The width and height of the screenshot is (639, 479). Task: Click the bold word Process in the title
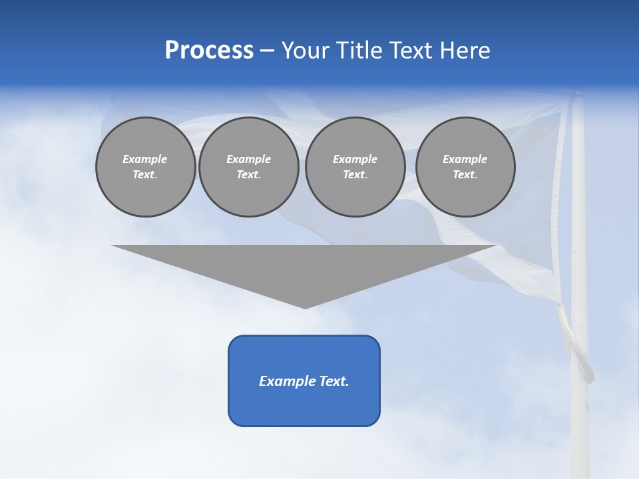pos(209,51)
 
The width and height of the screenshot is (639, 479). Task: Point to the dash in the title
pos(267,51)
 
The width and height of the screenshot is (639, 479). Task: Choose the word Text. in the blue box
pos(333,381)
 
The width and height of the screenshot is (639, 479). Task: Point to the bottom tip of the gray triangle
pos(305,307)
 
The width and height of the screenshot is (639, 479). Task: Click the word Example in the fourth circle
pos(465,159)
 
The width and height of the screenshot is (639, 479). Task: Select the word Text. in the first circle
pos(145,175)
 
